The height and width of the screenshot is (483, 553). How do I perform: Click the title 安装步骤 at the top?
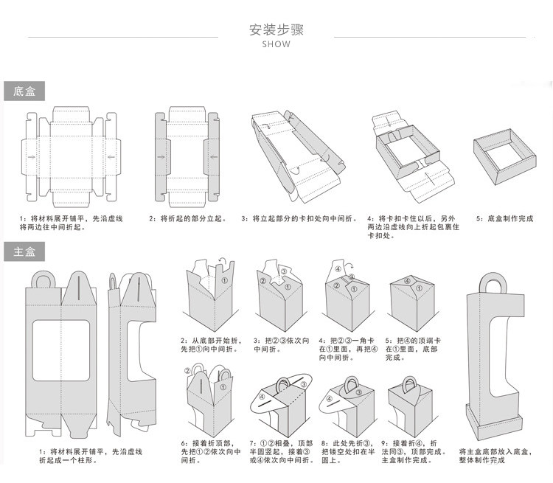click(x=276, y=30)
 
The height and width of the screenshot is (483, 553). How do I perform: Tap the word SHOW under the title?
click(x=276, y=44)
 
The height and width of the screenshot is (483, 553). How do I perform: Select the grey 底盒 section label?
click(x=24, y=91)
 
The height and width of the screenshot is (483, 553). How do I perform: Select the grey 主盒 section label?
click(x=24, y=251)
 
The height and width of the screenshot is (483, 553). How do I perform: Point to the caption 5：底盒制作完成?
click(x=504, y=219)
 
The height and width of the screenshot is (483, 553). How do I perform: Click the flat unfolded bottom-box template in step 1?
click(x=72, y=156)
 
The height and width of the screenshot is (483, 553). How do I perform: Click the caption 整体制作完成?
click(x=482, y=460)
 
